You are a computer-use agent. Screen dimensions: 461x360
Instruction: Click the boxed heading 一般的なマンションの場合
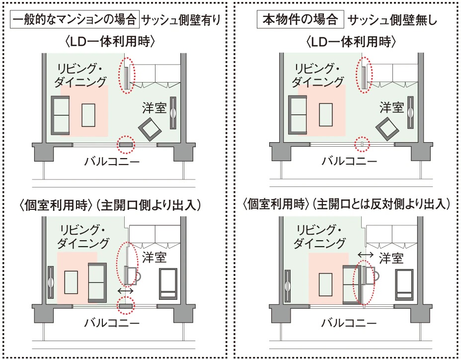click(75, 19)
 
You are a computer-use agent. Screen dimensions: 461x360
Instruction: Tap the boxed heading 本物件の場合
click(300, 19)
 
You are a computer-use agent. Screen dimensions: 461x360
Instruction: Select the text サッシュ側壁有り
click(181, 20)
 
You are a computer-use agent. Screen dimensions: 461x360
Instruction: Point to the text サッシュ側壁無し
click(392, 20)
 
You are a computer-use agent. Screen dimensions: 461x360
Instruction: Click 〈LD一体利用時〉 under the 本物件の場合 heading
click(351, 42)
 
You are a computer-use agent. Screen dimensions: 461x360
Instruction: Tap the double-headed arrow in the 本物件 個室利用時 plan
click(366, 254)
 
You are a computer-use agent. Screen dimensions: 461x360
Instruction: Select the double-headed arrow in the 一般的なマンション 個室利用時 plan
click(126, 291)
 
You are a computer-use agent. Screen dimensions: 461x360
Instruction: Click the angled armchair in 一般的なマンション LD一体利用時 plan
click(150, 129)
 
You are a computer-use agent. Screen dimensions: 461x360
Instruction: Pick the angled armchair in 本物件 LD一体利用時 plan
click(387, 129)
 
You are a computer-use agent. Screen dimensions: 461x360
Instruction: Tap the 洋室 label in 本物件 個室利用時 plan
click(391, 259)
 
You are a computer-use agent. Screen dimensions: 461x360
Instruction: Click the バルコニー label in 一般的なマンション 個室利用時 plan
click(112, 323)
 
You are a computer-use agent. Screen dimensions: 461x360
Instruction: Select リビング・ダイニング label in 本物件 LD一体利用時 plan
click(318, 76)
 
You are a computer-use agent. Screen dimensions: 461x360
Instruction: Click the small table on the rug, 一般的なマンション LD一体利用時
click(88, 115)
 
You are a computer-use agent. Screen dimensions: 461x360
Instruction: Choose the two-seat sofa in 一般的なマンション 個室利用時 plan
click(97, 282)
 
